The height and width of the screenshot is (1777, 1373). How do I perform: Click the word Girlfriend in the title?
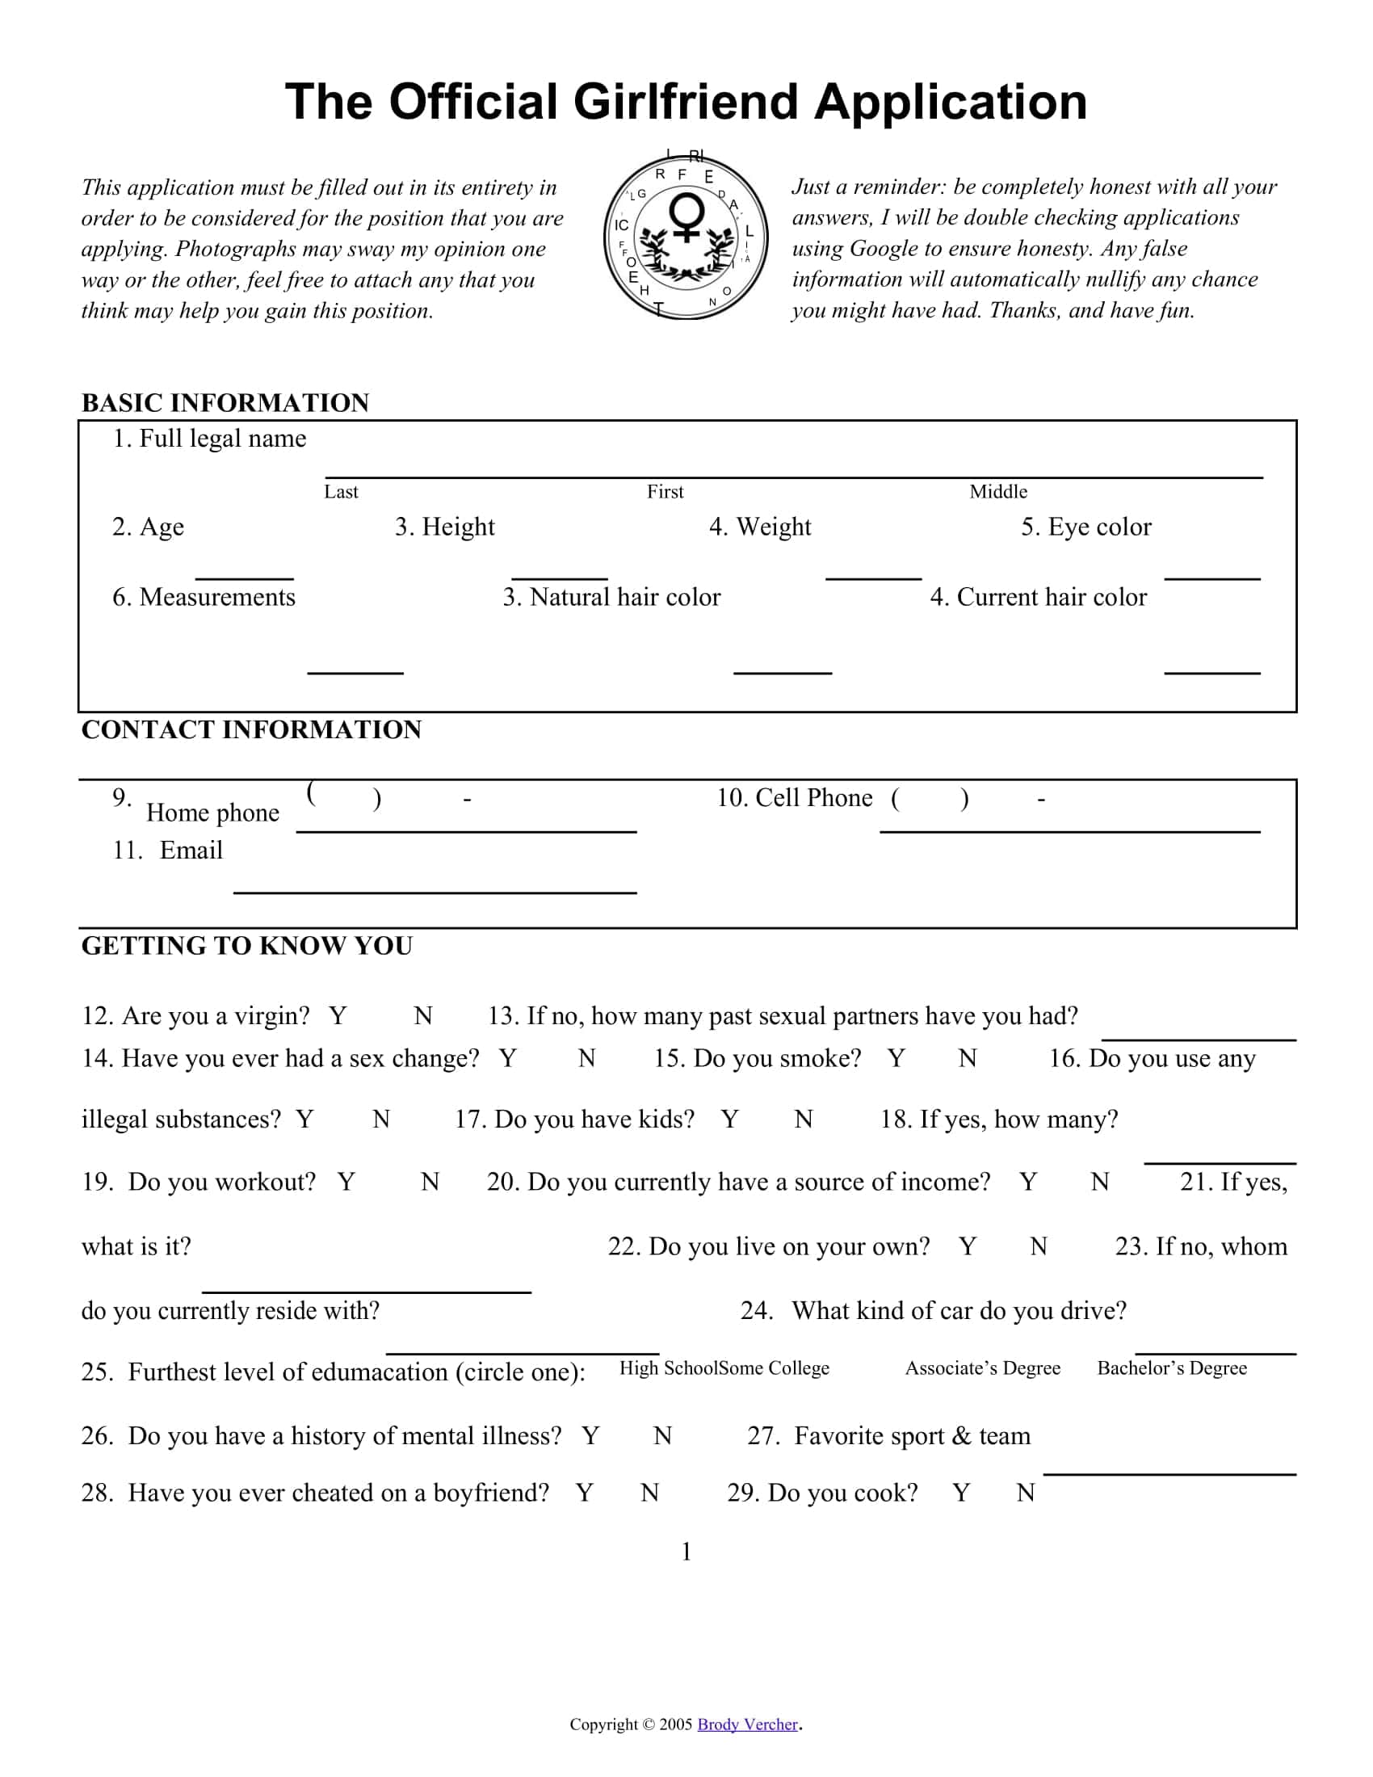pyautogui.click(x=686, y=103)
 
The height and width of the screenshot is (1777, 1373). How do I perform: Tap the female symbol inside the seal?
pyautogui.click(x=686, y=217)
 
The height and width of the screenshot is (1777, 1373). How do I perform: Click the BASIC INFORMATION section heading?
pyautogui.click(x=225, y=403)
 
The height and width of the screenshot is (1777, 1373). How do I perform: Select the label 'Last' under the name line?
pyautogui.click(x=341, y=491)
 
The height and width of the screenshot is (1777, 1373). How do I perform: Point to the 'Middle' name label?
pyautogui.click(x=998, y=491)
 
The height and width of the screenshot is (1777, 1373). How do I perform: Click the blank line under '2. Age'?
pyautogui.click(x=244, y=578)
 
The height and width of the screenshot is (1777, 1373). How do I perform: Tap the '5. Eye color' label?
pyautogui.click(x=1085, y=527)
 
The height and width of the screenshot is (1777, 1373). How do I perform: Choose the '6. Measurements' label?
pyautogui.click(x=204, y=597)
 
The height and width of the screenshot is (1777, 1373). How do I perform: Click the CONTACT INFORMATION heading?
pyautogui.click(x=251, y=730)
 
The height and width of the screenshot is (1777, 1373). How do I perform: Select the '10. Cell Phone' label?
pyautogui.click(x=794, y=798)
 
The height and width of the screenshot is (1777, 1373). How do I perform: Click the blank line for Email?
pyautogui.click(x=435, y=892)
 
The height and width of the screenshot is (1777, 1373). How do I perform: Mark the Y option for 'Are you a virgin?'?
pyautogui.click(x=338, y=1016)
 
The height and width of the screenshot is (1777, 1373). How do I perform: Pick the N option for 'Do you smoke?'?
pyautogui.click(x=967, y=1059)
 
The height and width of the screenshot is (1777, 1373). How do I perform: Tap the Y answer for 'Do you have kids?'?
pyautogui.click(x=729, y=1120)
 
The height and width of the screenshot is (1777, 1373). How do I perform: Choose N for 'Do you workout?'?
pyautogui.click(x=430, y=1183)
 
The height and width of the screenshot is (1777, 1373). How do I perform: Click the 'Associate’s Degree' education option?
pyautogui.click(x=983, y=1368)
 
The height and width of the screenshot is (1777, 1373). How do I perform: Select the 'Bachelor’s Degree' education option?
pyautogui.click(x=1171, y=1368)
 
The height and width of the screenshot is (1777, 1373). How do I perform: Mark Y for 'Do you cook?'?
pyautogui.click(x=960, y=1493)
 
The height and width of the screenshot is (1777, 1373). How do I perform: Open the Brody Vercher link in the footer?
pyautogui.click(x=748, y=1724)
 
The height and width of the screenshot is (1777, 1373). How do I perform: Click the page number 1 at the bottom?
pyautogui.click(x=686, y=1552)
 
